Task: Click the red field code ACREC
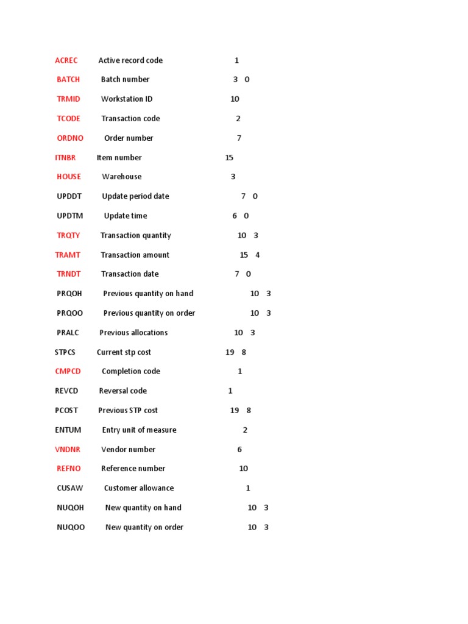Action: click(x=66, y=60)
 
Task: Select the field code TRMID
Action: click(x=68, y=99)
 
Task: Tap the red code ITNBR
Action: click(x=65, y=157)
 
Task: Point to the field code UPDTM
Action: click(x=70, y=216)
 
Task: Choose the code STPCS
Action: click(x=65, y=352)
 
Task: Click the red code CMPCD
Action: click(x=68, y=371)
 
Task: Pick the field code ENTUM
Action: click(x=68, y=430)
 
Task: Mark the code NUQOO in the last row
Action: click(x=71, y=527)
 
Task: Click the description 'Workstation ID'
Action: click(x=127, y=99)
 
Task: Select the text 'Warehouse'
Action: click(x=122, y=177)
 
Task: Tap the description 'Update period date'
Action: click(x=135, y=196)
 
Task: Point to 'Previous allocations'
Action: click(x=133, y=333)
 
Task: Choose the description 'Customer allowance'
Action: click(x=139, y=488)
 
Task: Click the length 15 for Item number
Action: click(x=229, y=157)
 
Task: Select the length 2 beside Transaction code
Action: click(x=238, y=118)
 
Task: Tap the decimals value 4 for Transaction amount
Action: click(x=258, y=255)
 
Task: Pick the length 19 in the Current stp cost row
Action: click(x=230, y=352)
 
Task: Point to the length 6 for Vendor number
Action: click(x=239, y=449)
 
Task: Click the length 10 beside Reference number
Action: click(x=243, y=469)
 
